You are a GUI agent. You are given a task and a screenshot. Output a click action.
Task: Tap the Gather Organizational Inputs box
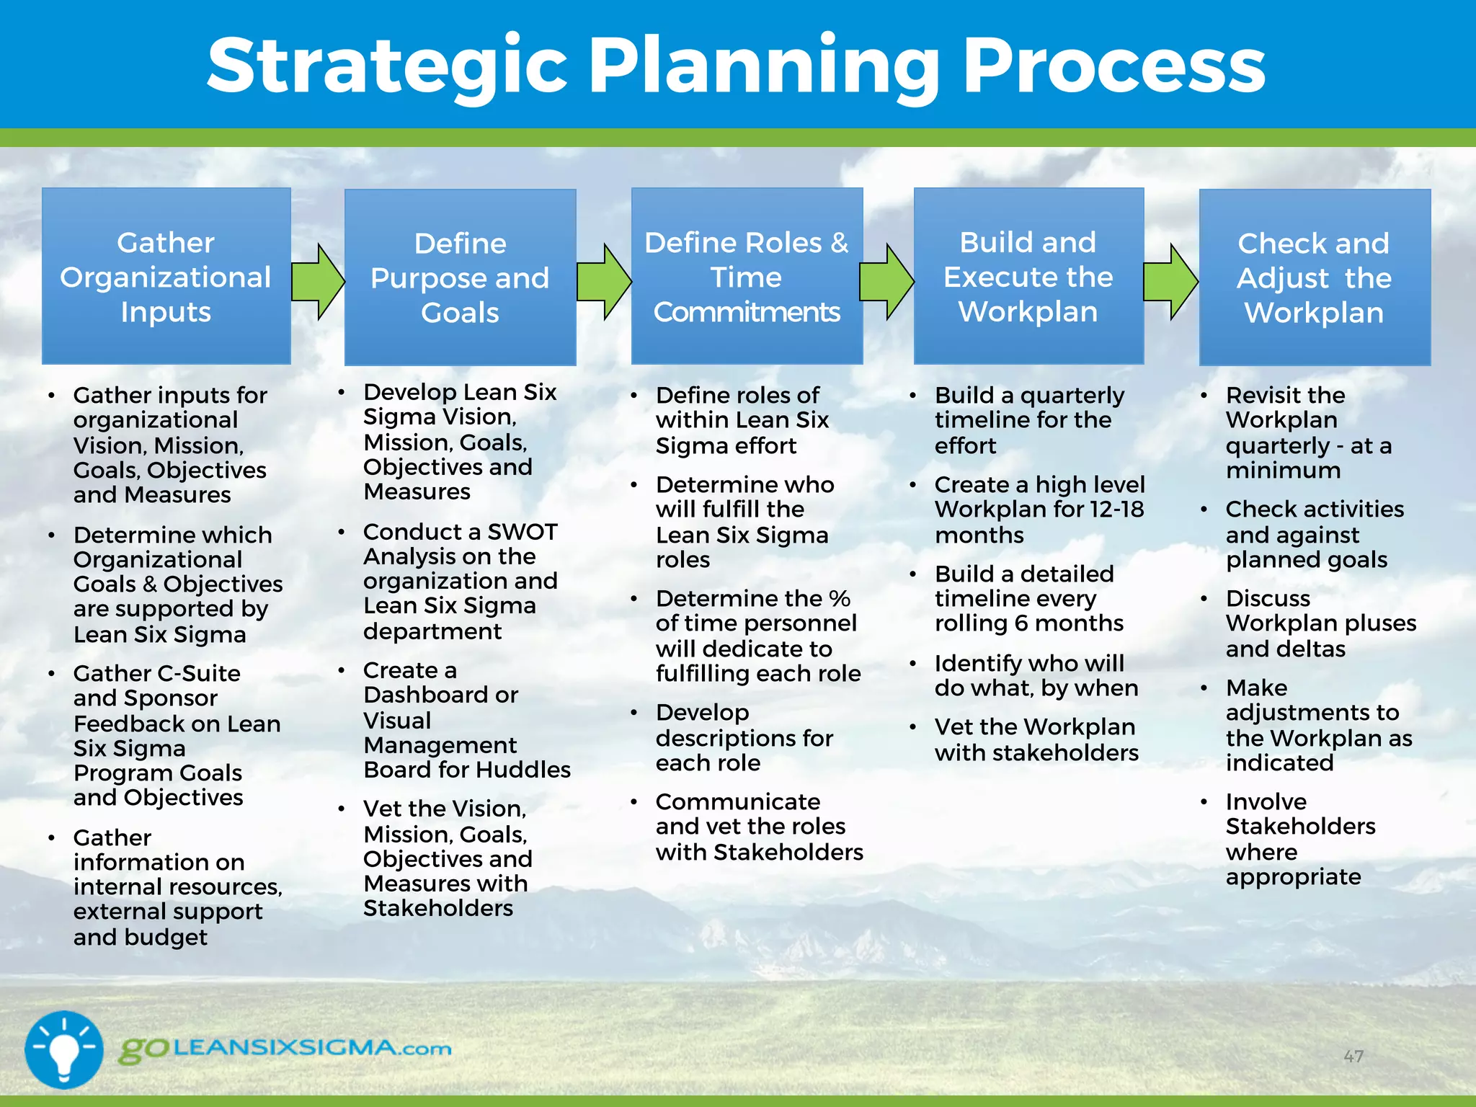[x=166, y=277]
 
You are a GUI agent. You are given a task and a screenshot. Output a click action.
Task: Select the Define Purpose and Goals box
[x=460, y=277]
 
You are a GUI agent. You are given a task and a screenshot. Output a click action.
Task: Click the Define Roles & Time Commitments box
[x=747, y=277]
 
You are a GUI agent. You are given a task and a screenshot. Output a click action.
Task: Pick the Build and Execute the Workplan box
[x=1028, y=277]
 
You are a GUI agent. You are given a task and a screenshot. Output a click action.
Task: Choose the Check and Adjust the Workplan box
[x=1314, y=277]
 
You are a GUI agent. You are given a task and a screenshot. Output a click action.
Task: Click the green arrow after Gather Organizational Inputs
[x=318, y=281]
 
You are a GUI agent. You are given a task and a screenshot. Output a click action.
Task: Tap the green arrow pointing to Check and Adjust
[x=1170, y=281]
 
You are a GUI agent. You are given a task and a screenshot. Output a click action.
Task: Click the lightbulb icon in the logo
[x=63, y=1049]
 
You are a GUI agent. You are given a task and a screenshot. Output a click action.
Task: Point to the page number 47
[x=1353, y=1057]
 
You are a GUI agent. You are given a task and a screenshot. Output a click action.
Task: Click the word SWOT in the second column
[x=523, y=532]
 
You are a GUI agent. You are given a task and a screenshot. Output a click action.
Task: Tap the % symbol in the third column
[x=840, y=599]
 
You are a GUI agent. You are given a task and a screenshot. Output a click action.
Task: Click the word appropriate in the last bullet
[x=1293, y=877]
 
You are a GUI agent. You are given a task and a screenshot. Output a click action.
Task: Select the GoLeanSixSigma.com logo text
[x=285, y=1049]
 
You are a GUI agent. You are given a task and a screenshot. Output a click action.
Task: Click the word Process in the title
[x=1114, y=66]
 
